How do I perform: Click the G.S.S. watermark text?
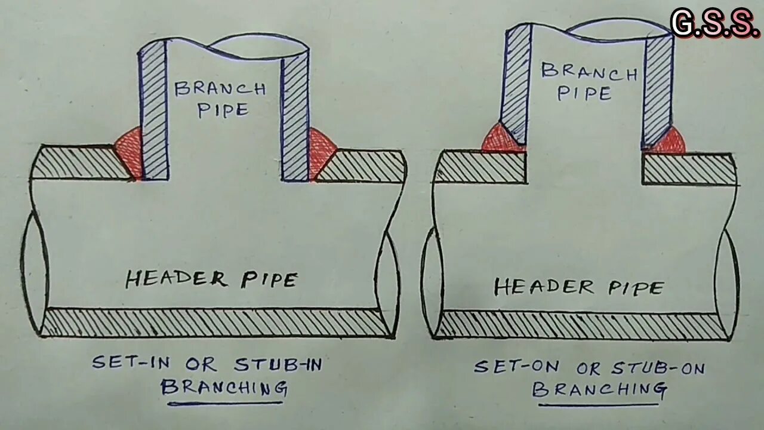click(714, 24)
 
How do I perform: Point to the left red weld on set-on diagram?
click(500, 139)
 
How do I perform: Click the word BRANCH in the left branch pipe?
click(220, 89)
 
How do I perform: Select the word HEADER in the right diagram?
click(544, 287)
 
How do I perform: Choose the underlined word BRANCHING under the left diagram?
click(224, 388)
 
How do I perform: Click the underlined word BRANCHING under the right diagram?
click(599, 389)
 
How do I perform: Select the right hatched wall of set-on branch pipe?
click(658, 90)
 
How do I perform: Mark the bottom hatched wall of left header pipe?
click(215, 322)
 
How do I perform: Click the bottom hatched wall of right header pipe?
click(582, 326)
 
